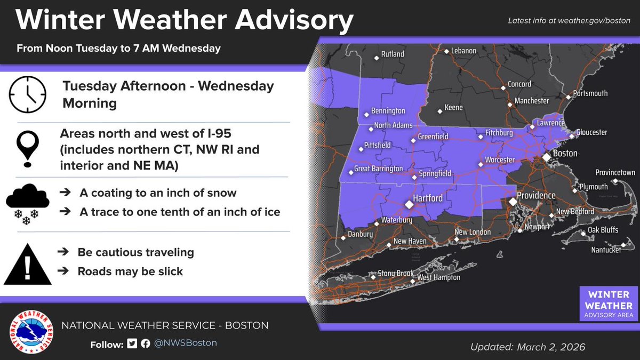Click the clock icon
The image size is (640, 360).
28,94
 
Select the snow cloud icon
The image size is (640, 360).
28,203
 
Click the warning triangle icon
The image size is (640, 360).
28,265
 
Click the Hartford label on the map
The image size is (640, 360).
429,198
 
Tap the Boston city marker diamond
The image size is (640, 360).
547,158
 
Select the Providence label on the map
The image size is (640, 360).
536,196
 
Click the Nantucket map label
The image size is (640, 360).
606,250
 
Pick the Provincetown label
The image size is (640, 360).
615,173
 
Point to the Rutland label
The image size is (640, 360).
393,54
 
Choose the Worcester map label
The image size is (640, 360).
500,160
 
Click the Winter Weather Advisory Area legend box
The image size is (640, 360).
608,304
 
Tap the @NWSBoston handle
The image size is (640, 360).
186,343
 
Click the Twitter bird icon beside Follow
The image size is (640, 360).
132,343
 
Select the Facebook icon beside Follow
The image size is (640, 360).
145,343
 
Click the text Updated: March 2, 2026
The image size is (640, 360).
527,347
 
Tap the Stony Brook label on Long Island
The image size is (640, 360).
396,274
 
